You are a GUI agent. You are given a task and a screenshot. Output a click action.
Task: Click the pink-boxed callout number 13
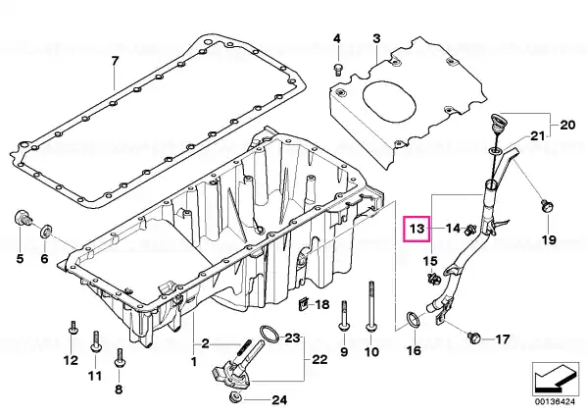point(416,229)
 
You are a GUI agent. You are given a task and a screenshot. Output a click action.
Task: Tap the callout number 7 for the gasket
point(115,61)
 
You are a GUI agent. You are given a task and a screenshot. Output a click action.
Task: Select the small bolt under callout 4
point(338,70)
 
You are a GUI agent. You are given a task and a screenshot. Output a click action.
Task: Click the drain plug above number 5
point(24,218)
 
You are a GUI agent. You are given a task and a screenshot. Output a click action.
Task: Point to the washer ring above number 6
point(46,231)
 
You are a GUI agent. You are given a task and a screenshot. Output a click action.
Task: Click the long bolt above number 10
point(371,306)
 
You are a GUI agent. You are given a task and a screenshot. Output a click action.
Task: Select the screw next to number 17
point(474,337)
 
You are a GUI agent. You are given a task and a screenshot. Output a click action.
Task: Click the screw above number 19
point(547,206)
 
